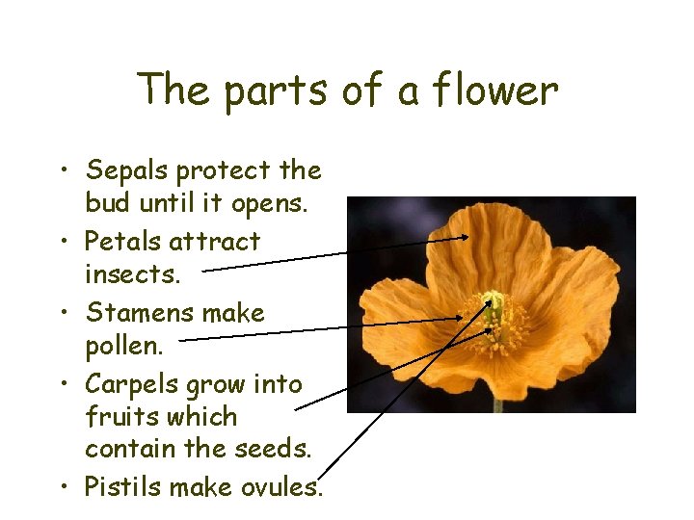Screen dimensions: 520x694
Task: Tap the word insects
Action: [x=132, y=275]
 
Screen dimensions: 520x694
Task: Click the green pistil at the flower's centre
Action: [x=494, y=306]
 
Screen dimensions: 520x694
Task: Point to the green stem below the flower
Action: [x=498, y=403]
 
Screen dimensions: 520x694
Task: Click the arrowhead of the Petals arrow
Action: [x=466, y=237]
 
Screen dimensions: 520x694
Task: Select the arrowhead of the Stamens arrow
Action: [x=460, y=318]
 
